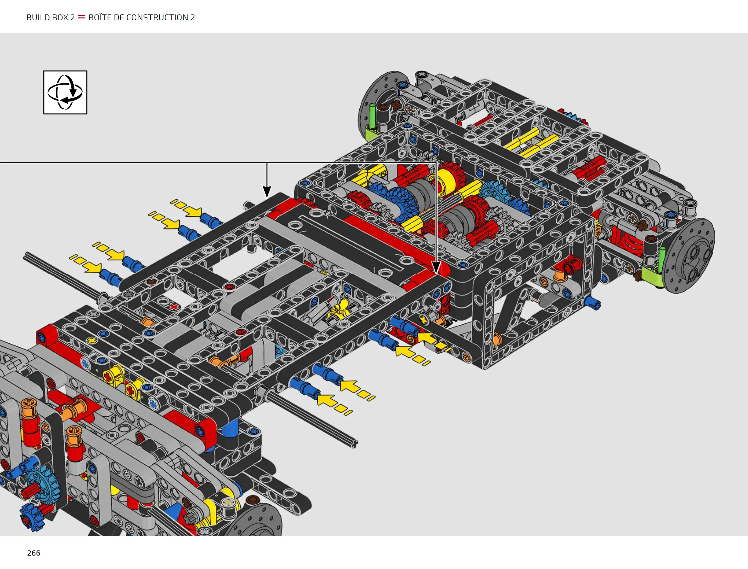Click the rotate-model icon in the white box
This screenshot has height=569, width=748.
point(65,92)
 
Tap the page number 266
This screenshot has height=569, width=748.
point(34,553)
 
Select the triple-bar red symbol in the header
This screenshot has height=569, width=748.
point(82,18)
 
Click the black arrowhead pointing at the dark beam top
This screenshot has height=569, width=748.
point(267,192)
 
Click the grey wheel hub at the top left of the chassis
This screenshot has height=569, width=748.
point(379,103)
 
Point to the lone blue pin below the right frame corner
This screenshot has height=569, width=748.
point(593,303)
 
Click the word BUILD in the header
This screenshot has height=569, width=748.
point(39,18)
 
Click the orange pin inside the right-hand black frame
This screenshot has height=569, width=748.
point(497,339)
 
